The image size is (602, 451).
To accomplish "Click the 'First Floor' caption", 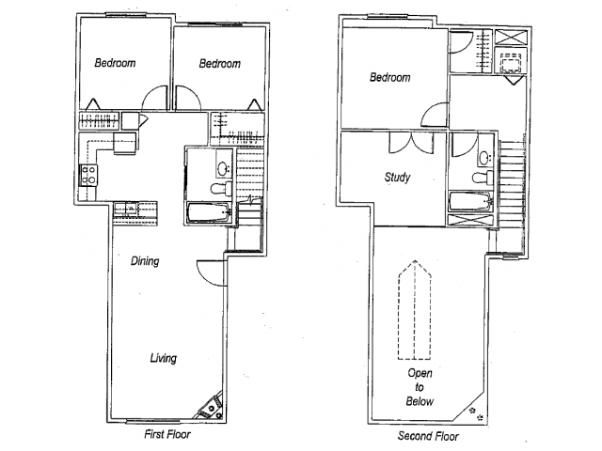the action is coord(167,434).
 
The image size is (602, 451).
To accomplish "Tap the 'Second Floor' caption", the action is coord(428,436).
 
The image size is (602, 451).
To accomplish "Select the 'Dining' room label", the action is coord(145,261).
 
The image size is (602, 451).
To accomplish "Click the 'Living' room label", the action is coord(163,358).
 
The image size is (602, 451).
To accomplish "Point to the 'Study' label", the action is coord(397,178).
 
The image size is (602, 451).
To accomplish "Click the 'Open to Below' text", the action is coord(420,387).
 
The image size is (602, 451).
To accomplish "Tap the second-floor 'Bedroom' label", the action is coord(389,77).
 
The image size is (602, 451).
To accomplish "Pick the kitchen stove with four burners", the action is coord(87,176).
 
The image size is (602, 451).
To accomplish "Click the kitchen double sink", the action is coord(125,209).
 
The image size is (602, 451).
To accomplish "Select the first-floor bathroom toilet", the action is coord(221,188).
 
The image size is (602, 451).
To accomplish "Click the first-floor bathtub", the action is coord(209,212).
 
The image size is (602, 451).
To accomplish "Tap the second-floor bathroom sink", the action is coord(485,157).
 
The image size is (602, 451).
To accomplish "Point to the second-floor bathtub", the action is coord(470,201).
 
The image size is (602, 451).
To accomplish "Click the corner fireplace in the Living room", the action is coord(211,407).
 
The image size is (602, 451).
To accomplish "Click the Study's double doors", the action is coord(411,144).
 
